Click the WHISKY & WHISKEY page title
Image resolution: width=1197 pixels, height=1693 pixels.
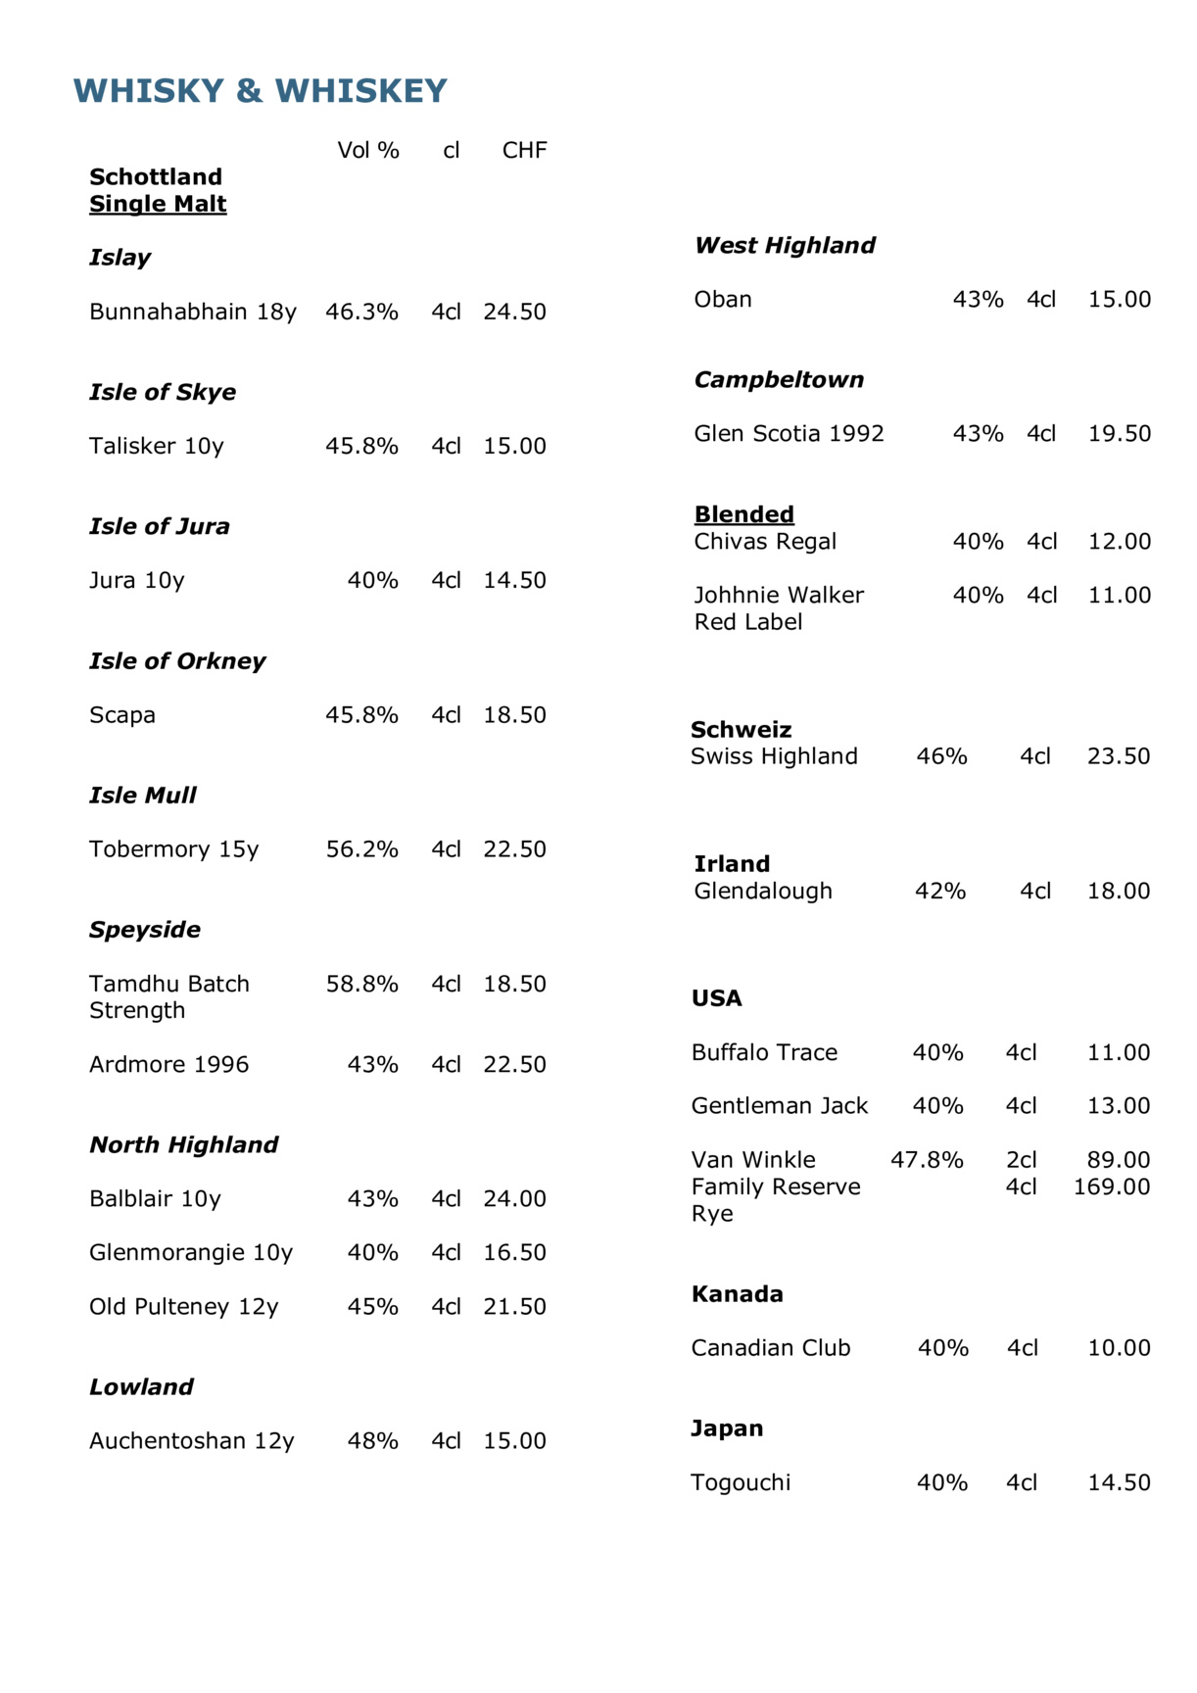point(260,91)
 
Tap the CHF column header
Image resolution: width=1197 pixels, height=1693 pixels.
point(524,150)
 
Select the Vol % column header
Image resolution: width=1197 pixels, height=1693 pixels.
point(368,150)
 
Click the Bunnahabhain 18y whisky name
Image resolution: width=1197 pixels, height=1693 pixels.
point(192,312)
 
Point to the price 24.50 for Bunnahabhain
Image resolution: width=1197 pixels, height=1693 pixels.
point(514,312)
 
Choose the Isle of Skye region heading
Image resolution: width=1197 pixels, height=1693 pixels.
point(163,392)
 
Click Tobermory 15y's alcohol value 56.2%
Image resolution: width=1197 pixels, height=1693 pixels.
point(361,849)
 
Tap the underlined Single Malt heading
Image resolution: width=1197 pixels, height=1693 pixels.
point(158,204)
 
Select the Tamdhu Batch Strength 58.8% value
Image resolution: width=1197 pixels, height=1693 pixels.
point(361,984)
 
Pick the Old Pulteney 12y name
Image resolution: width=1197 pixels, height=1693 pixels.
point(183,1306)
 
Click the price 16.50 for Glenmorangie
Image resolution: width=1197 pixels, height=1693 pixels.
point(514,1252)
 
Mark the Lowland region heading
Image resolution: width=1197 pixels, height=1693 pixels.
point(141,1386)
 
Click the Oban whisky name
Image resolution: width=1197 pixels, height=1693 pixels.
point(723,299)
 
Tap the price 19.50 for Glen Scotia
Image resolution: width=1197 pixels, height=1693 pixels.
point(1119,433)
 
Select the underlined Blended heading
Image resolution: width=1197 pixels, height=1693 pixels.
point(744,514)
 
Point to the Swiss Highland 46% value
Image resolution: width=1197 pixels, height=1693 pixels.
point(941,756)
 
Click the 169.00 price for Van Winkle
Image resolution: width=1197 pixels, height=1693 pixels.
point(1112,1186)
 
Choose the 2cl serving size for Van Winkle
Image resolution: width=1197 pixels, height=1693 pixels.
point(1021,1160)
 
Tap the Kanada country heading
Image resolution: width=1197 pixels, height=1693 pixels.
point(737,1294)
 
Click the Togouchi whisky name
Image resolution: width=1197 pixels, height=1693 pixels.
point(741,1482)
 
